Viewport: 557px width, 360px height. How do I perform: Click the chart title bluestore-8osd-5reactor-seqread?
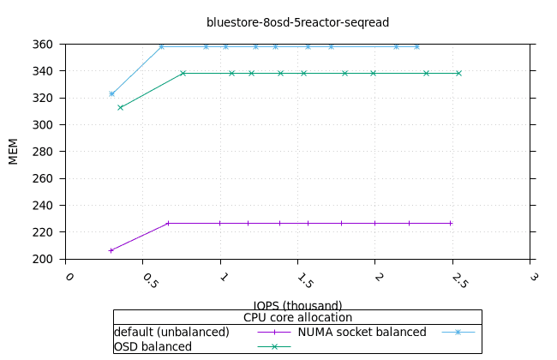point(291,21)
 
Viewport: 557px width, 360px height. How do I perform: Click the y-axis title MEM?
point(14,151)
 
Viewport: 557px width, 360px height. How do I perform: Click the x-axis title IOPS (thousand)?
point(297,305)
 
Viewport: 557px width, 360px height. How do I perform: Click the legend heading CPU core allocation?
point(297,317)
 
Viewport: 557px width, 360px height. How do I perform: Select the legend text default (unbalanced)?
point(171,332)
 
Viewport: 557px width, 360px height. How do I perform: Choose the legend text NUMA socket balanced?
point(362,332)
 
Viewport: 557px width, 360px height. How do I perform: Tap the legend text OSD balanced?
point(153,346)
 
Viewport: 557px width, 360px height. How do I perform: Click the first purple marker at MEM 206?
point(111,250)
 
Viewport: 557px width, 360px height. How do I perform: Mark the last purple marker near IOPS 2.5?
point(451,223)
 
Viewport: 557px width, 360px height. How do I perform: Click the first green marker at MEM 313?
point(120,107)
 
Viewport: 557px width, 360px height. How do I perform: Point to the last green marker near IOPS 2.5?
point(458,73)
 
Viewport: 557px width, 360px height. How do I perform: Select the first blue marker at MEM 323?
point(111,93)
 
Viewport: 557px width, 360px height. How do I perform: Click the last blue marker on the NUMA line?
point(416,46)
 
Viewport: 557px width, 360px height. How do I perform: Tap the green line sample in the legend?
point(274,346)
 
